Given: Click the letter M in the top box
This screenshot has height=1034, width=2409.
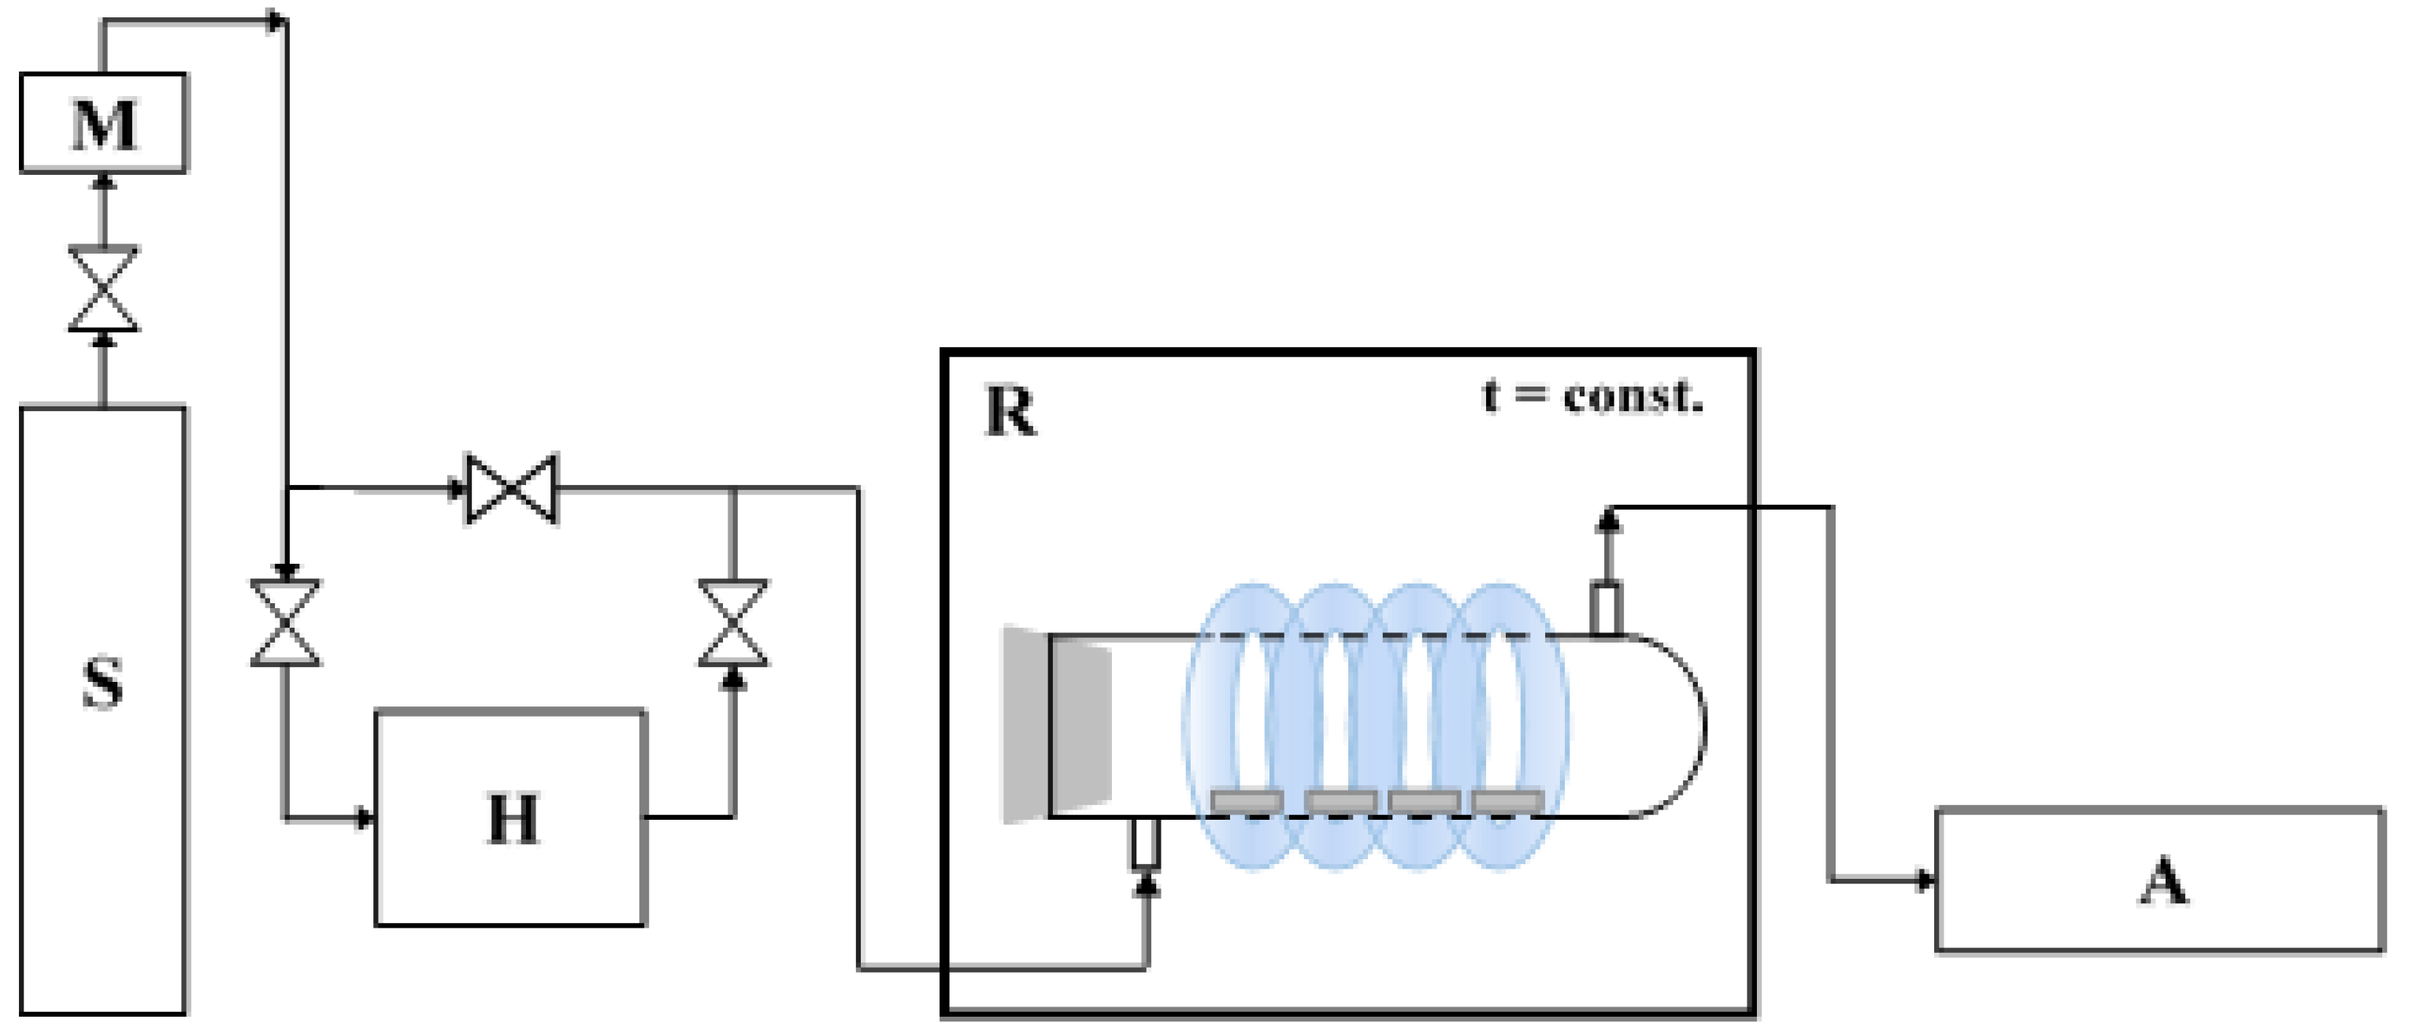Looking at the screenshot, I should click(104, 124).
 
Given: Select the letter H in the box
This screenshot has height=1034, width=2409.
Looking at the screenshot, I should click(513, 819).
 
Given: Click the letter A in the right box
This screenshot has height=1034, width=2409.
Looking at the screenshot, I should click(2163, 881).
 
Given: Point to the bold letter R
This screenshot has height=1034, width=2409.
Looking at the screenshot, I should click(1010, 411).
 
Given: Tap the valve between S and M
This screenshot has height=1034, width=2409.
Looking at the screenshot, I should click(103, 289).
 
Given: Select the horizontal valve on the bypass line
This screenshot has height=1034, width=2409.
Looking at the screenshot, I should click(512, 488).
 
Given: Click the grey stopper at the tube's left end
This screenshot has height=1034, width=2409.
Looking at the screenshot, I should click(1055, 725).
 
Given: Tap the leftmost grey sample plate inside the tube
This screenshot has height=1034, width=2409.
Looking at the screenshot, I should click(1247, 801).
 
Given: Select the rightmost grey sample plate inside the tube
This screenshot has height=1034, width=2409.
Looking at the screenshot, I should click(1507, 801).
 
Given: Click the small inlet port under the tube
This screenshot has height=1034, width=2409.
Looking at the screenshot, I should click(1146, 843).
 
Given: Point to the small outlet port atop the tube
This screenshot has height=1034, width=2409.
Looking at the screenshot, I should click(1607, 609).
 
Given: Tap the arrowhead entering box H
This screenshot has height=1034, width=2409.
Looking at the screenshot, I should click(365, 819).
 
